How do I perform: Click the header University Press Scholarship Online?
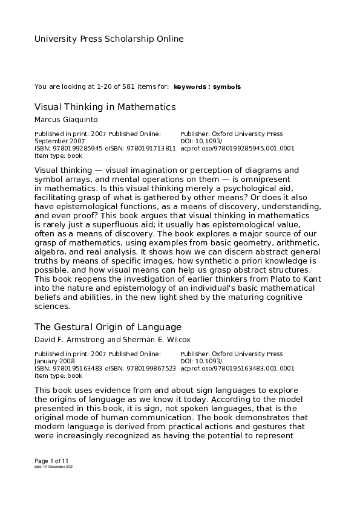[109, 39]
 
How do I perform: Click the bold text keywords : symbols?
[207, 87]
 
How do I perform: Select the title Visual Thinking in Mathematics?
[105, 107]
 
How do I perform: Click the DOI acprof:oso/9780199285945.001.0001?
[237, 148]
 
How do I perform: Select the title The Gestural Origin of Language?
[108, 327]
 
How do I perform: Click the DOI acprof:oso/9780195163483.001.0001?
[237, 368]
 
